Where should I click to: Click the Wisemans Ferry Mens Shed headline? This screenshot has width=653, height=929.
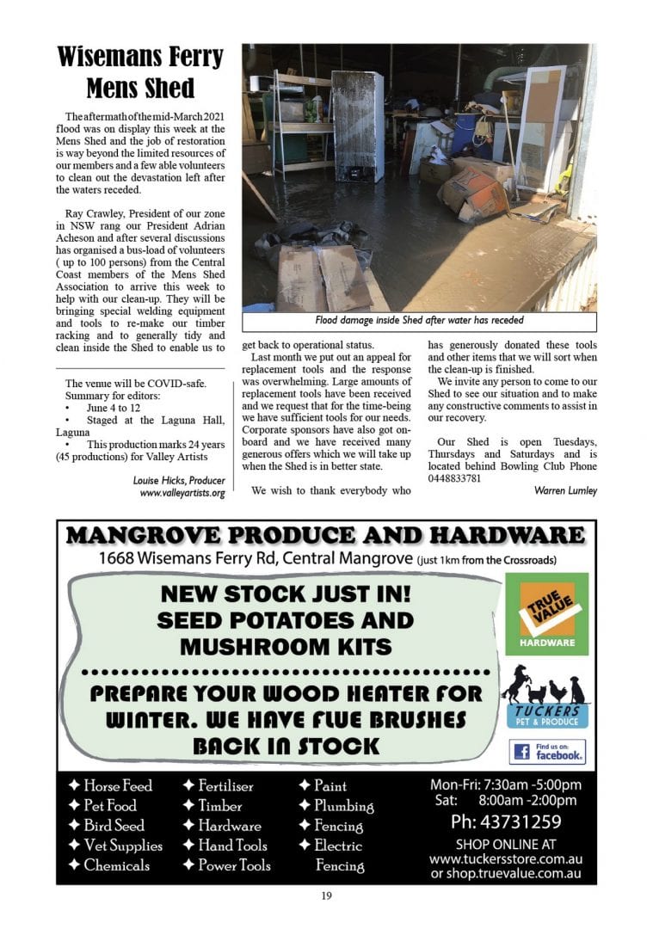pos(139,72)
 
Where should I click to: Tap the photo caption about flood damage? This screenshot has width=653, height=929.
pos(419,321)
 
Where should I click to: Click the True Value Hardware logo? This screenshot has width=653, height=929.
pos(546,613)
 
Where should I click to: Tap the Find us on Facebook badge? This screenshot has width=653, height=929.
pos(547,752)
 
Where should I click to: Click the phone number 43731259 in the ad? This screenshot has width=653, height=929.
pos(506,821)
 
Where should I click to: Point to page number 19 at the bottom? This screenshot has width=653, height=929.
pos(326,896)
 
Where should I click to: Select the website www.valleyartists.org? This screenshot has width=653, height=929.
pos(182,493)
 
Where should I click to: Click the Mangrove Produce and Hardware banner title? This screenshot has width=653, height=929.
pos(326,535)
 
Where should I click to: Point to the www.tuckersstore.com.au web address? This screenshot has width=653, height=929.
pos(505,858)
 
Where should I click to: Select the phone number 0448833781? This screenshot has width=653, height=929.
pos(458,477)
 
